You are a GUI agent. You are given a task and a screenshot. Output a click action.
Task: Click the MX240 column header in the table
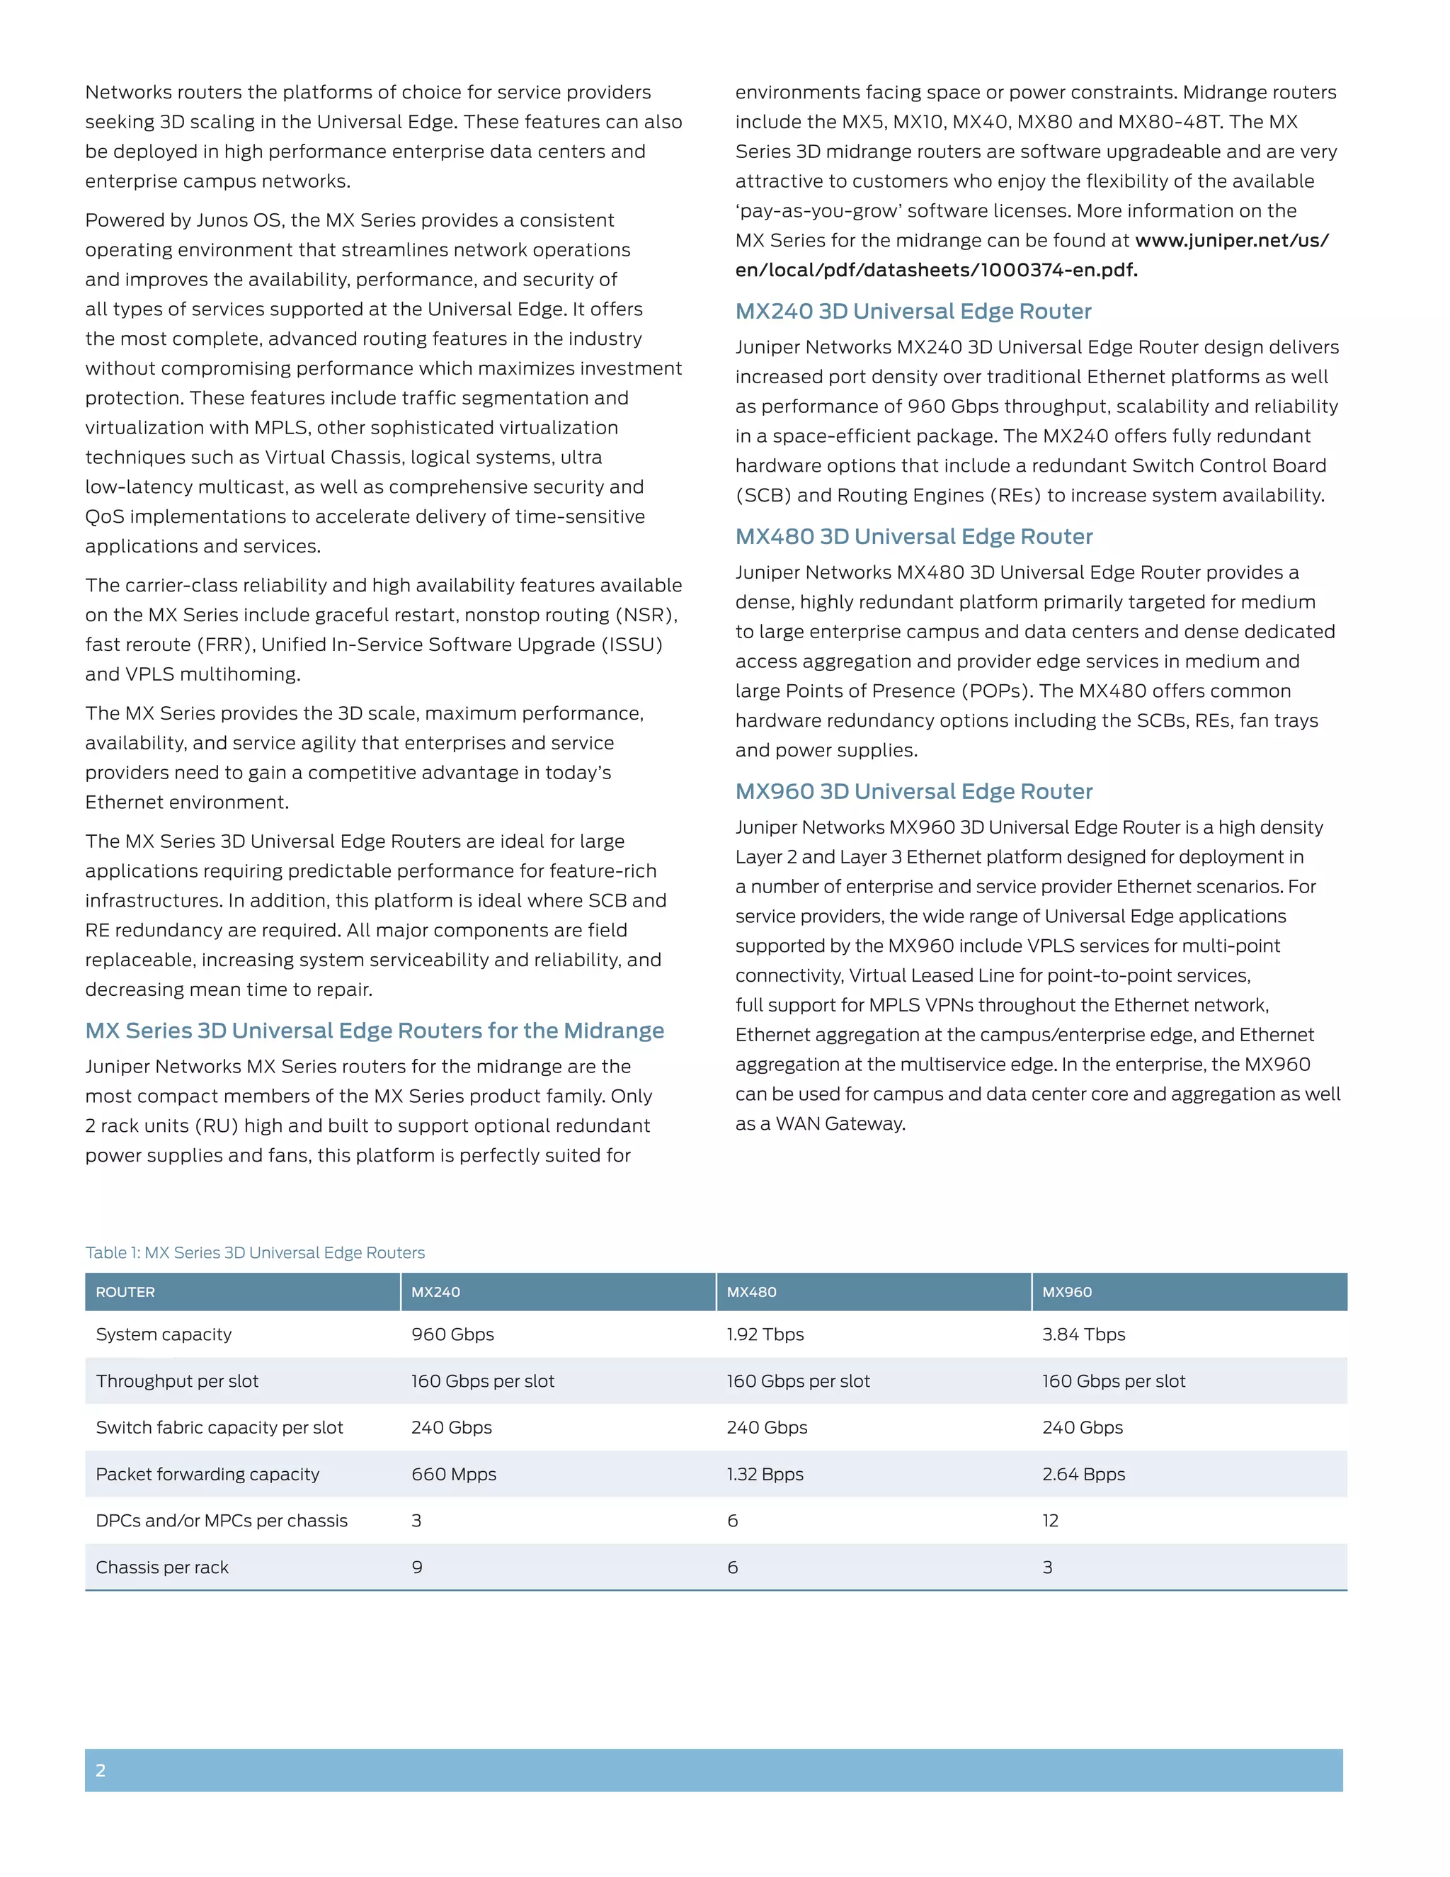(435, 1292)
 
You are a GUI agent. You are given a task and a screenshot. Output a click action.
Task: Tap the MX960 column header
(1067, 1292)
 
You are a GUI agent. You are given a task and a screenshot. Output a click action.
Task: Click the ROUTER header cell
(125, 1292)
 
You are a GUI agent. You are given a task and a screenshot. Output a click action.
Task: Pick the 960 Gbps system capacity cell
(452, 1334)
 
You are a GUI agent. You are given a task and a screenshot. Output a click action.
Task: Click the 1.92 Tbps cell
(765, 1334)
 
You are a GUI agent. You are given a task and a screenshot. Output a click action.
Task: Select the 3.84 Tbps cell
(1083, 1334)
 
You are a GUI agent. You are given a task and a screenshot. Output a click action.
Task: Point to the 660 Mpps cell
(454, 1474)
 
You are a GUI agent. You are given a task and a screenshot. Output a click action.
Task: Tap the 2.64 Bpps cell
(1083, 1474)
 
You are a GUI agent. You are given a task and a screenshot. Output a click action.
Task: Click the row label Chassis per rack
(162, 1567)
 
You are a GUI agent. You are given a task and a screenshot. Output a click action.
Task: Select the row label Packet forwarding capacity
(207, 1474)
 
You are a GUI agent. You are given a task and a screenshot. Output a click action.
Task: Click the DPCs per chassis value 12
(1050, 1520)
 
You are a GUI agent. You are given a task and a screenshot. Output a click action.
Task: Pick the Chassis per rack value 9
(416, 1567)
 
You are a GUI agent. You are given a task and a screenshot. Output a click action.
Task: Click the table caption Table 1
(254, 1252)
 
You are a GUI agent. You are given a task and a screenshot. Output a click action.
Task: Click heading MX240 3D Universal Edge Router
(913, 311)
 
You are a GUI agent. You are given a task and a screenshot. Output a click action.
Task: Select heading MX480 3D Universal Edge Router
(913, 536)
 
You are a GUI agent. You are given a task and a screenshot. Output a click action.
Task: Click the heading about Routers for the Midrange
(375, 1031)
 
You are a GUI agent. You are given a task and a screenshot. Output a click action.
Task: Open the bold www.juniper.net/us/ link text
(1232, 241)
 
